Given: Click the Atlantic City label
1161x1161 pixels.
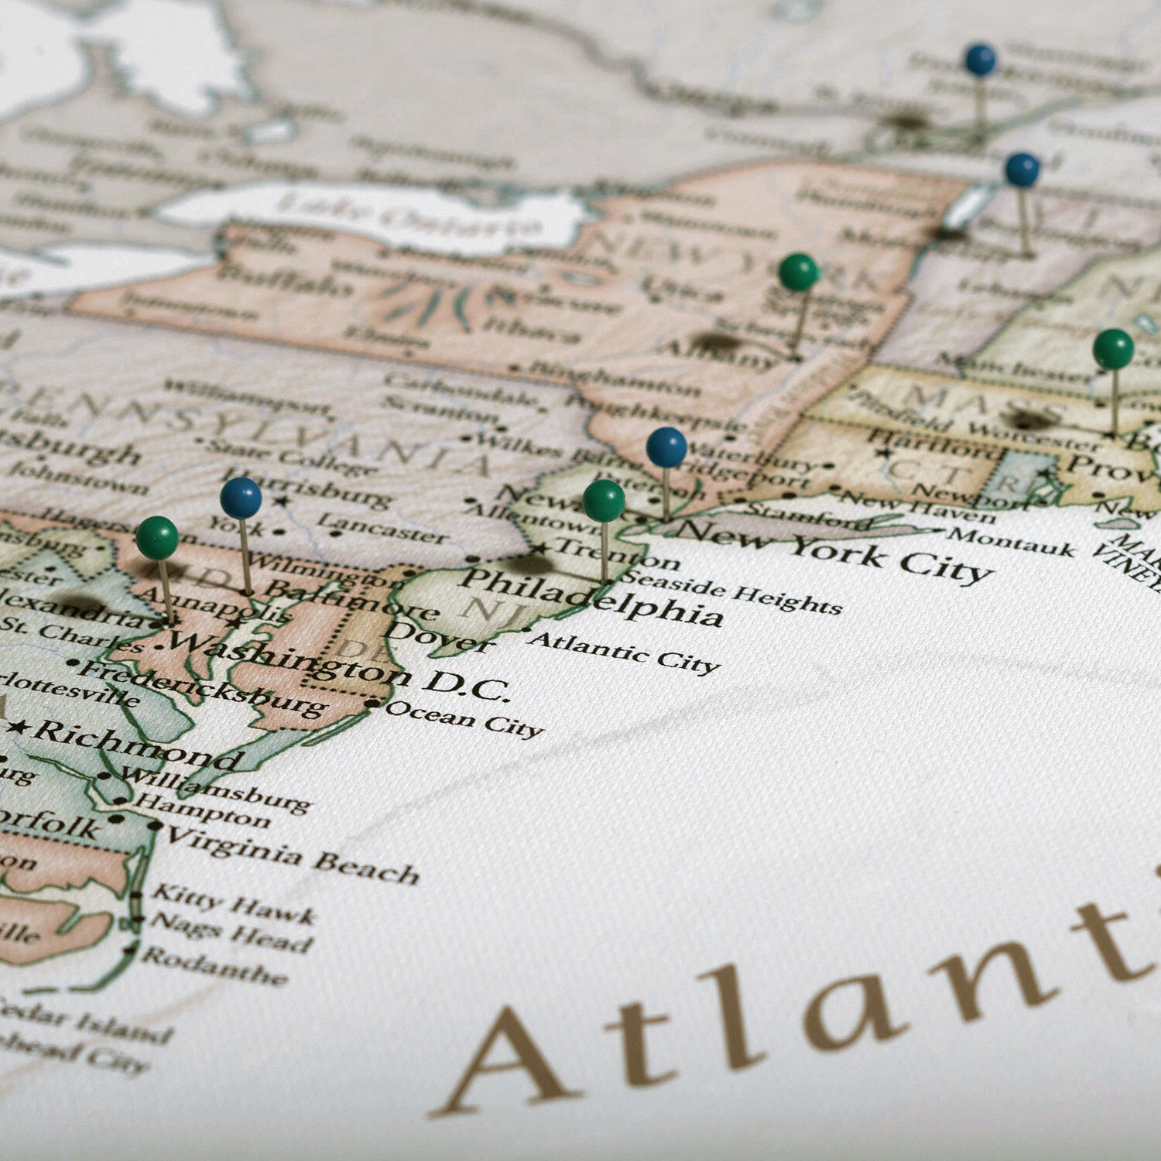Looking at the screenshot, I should pyautogui.click(x=624, y=652).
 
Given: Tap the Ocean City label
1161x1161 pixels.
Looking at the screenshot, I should pyautogui.click(x=464, y=718).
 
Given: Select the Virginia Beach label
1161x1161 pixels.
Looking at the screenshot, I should pyautogui.click(x=293, y=854).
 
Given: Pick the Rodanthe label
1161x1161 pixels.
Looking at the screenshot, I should pyautogui.click(x=214, y=966).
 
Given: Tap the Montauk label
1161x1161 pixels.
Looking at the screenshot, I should pyautogui.click(x=1012, y=542).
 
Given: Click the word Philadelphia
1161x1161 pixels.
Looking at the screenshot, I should pyautogui.click(x=591, y=596).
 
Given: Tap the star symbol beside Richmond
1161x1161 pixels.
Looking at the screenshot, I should pyautogui.click(x=19, y=727).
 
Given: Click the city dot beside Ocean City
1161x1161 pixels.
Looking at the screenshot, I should pyautogui.click(x=374, y=704).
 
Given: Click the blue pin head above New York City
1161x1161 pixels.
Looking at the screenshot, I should pyautogui.click(x=666, y=447).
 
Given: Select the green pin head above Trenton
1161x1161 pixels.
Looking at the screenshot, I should pyautogui.click(x=604, y=500).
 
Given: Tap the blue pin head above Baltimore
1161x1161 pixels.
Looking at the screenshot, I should pyautogui.click(x=241, y=498).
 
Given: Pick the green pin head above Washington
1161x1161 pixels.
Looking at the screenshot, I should pyautogui.click(x=157, y=537).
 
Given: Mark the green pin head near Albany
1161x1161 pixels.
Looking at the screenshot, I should pyautogui.click(x=799, y=272).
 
